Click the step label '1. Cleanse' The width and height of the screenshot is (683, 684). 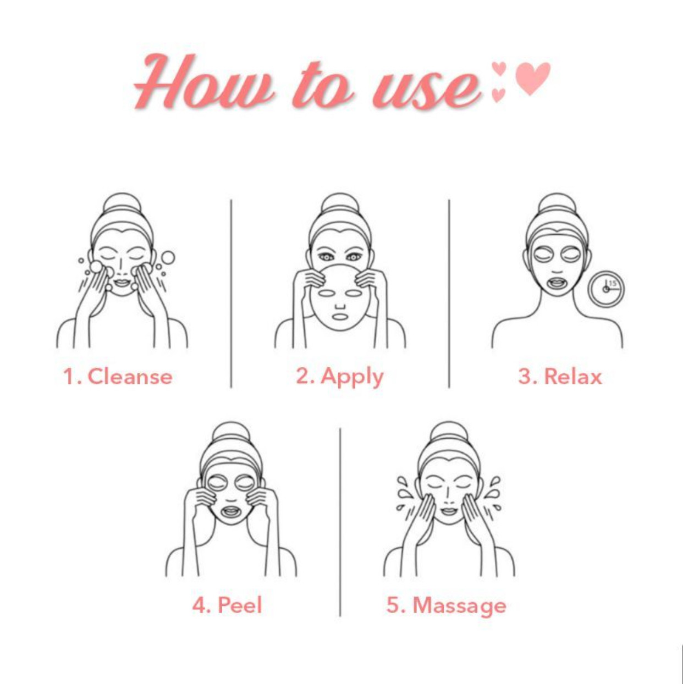point(118,376)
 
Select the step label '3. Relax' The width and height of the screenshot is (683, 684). point(560,376)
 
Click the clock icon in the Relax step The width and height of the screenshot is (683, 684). point(607,289)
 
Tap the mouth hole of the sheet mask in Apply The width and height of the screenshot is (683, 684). point(340,317)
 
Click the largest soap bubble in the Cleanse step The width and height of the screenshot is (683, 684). point(168,258)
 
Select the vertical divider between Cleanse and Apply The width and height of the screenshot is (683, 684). point(231,294)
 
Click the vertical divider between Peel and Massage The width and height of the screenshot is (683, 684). point(340,522)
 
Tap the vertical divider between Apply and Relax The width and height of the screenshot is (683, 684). point(449,294)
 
